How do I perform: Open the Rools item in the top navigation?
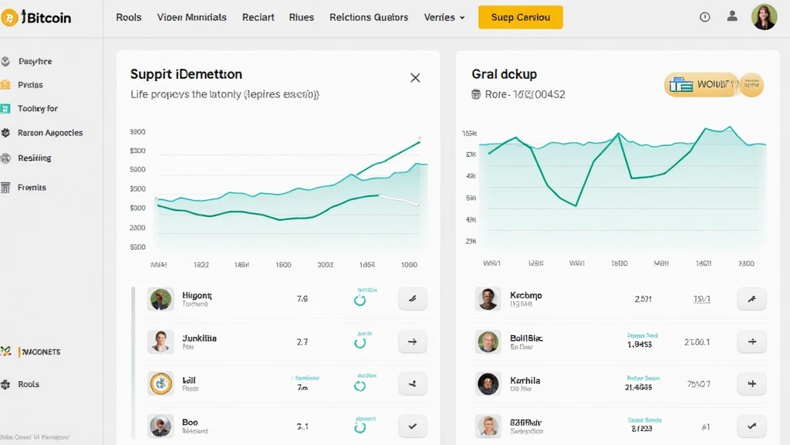coord(129,17)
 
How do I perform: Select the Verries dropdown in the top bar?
coord(444,17)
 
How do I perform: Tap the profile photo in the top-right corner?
coord(764,17)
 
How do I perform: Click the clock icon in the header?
coord(704,17)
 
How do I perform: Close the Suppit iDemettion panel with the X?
coord(415,77)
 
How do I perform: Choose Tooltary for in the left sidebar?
coord(38,109)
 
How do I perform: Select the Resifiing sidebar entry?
coord(35,158)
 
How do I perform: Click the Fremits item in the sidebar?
coord(32,188)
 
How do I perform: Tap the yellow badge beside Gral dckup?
coord(713,85)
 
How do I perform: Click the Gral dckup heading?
coord(504,74)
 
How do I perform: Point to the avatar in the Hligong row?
coord(160,299)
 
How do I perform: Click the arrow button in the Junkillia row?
coord(412,341)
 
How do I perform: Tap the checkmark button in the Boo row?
coord(412,426)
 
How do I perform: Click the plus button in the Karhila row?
coord(751,383)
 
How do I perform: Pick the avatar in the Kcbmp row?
coord(488,299)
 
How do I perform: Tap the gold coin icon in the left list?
coord(160,383)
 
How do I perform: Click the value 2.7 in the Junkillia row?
coord(302,341)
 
